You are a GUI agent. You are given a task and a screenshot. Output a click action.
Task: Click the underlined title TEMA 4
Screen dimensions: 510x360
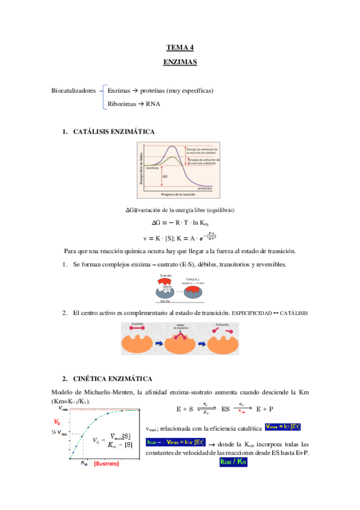click(180, 48)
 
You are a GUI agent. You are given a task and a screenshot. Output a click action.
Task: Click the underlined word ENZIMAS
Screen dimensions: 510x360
click(180, 62)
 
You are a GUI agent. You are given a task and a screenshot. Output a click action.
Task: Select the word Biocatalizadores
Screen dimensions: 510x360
click(74, 91)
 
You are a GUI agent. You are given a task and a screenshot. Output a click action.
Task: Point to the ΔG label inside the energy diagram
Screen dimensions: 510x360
click(165, 176)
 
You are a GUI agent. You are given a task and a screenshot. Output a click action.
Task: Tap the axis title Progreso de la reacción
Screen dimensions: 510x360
click(180, 195)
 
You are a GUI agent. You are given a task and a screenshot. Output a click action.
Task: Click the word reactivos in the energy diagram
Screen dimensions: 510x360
click(152, 169)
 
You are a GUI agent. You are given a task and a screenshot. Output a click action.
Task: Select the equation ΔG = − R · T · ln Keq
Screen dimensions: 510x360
click(180, 223)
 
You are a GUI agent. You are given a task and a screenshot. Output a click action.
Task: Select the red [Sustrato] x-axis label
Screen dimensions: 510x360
click(106, 464)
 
